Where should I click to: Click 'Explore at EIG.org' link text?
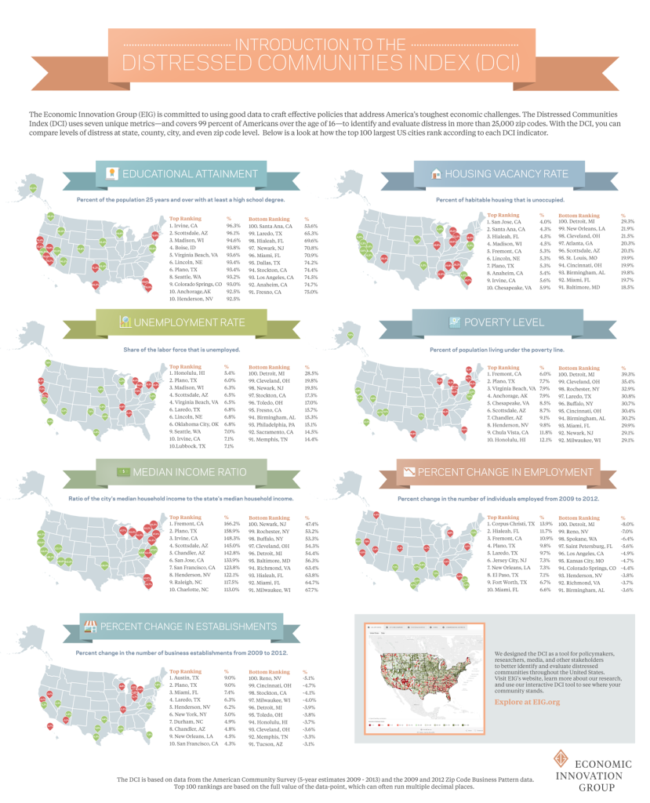coord(527,702)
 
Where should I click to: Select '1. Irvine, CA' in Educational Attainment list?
coord(186,226)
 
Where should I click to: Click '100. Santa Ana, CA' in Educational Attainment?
coord(271,226)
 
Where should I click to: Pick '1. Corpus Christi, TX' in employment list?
coord(512,523)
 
